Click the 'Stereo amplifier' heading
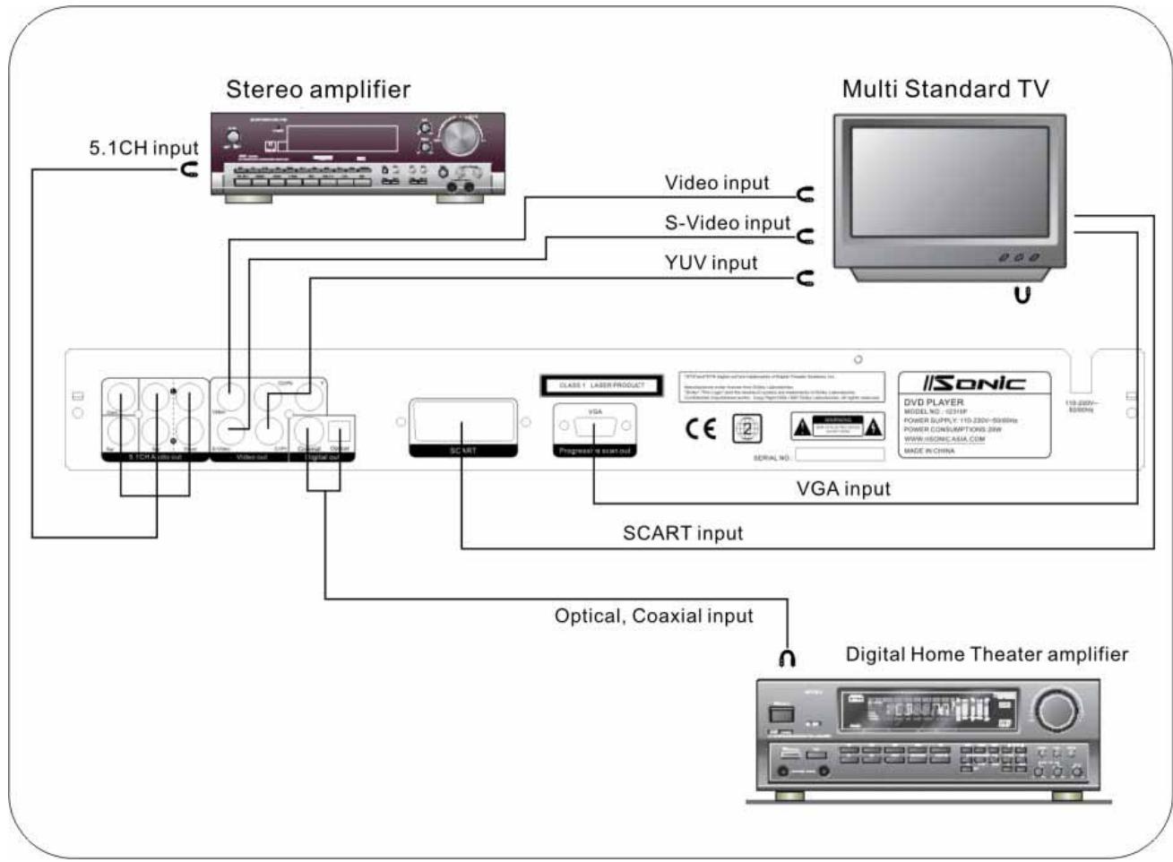(x=318, y=90)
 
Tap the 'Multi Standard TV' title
(x=944, y=90)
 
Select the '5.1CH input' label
(x=142, y=149)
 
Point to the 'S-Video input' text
(x=727, y=223)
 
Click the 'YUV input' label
(x=711, y=263)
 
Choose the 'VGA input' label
(x=843, y=489)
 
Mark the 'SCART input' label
(x=683, y=534)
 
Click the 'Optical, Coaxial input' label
(x=653, y=616)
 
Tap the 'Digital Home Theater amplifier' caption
(x=987, y=655)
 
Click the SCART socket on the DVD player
(x=462, y=422)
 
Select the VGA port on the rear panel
(x=595, y=426)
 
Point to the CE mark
(x=701, y=428)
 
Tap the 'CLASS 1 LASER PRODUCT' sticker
(x=601, y=385)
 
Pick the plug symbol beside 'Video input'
(x=806, y=194)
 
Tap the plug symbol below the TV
(x=1022, y=293)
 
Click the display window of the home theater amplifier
(x=927, y=710)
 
